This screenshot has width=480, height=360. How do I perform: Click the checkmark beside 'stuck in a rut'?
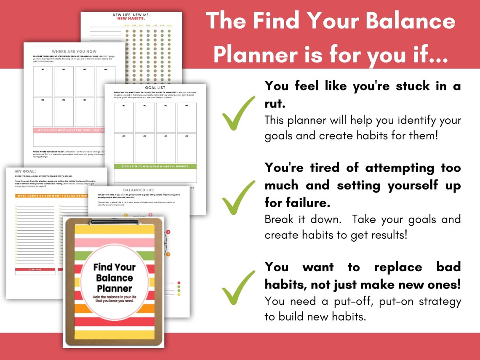point(238,113)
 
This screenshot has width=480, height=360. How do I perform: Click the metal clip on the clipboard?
point(115,221)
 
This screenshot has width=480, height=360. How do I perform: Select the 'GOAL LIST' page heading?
point(155,88)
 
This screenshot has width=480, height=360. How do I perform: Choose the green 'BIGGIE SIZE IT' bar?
point(155,167)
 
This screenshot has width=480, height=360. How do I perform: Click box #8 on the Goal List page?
point(187,148)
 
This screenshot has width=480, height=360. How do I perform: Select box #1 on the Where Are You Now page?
point(43,81)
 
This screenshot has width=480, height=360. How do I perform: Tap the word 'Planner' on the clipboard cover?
point(115,288)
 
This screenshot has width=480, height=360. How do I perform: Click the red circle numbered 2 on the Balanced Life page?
point(168,232)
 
